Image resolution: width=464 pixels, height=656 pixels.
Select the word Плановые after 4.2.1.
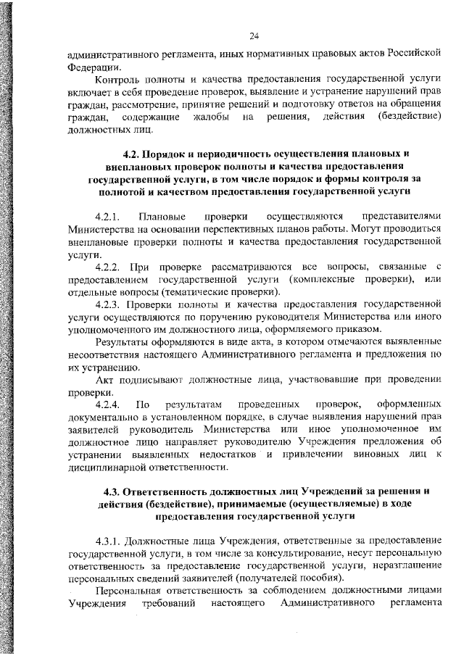coord(163,216)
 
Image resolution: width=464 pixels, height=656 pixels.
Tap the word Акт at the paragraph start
coord(105,378)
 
